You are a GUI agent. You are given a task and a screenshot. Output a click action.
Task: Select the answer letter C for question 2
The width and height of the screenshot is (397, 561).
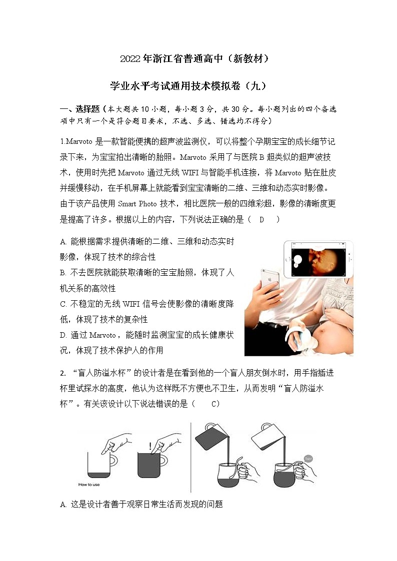click(213, 404)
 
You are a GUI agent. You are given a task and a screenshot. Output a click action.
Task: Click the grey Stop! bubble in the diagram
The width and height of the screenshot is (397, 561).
click(308, 458)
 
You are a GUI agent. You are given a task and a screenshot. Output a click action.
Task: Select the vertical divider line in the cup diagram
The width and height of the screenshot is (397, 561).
click(190, 457)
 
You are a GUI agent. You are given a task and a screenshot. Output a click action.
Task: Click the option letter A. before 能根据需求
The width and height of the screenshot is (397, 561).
click(63, 242)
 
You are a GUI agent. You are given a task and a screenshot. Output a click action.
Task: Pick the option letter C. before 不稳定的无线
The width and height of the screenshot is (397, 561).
click(63, 304)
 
